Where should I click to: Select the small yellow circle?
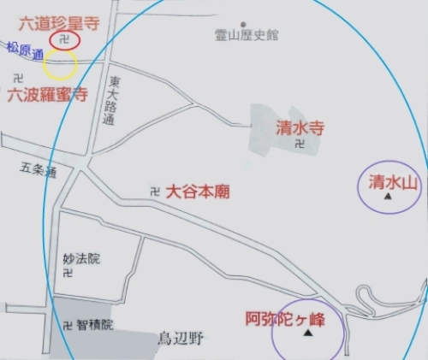pos(60,64)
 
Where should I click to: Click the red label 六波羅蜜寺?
pos(47,95)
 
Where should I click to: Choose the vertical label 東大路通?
pos(109,102)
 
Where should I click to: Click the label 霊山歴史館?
pos(249,37)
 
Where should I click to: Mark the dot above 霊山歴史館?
pos(244,24)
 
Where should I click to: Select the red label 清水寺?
pos(299,128)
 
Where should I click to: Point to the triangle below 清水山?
pos(389,197)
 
